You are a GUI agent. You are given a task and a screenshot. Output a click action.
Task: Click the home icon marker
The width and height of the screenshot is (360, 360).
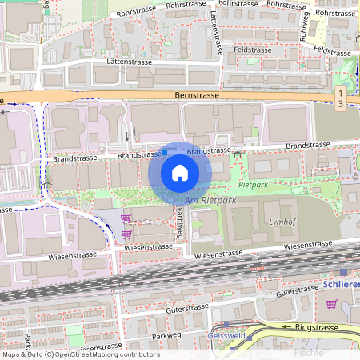pyautogui.click(x=179, y=173)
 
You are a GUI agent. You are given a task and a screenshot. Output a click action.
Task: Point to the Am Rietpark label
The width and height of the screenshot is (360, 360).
pyautogui.click(x=206, y=200)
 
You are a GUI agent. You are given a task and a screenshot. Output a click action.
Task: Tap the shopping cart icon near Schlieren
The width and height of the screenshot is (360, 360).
pyautogui.click(x=331, y=304)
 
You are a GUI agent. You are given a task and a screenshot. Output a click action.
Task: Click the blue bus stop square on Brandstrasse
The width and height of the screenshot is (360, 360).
pyautogui.click(x=165, y=152)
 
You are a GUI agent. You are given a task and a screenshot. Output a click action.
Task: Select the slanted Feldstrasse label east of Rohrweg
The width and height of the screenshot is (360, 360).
pyautogui.click(x=334, y=50)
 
